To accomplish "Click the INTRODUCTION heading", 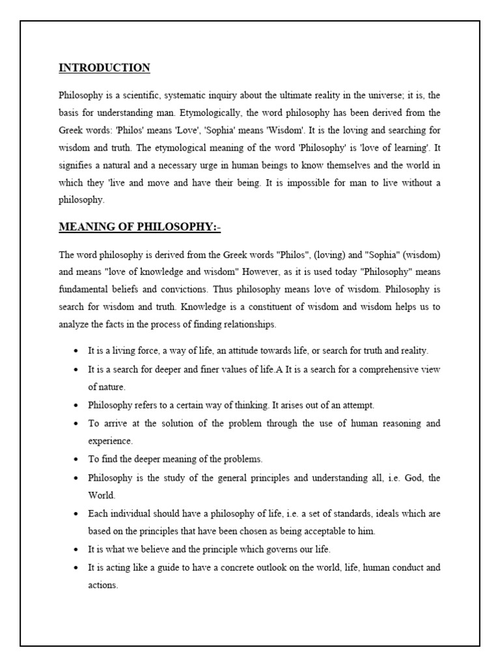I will click(104, 68).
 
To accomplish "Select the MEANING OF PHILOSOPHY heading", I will click(140, 227).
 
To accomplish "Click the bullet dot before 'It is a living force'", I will click(77, 351).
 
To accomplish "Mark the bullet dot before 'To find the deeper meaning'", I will click(77, 459).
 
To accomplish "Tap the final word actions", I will click(103, 585).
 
